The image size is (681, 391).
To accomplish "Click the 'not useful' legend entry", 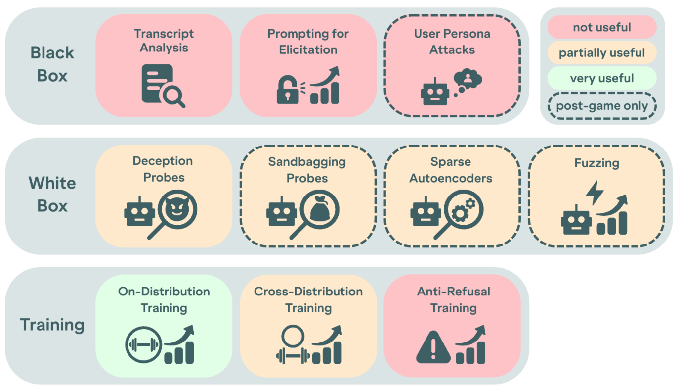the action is point(601,27).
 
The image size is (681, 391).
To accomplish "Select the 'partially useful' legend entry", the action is point(601,52).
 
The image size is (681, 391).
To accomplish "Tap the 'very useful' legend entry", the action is point(601,78).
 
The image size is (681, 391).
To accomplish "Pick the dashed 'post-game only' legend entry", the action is point(601,105).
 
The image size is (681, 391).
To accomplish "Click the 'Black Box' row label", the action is point(52,64).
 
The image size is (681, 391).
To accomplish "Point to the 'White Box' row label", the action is point(52,195).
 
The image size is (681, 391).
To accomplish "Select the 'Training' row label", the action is point(52,325).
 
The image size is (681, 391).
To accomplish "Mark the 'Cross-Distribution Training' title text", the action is point(308,299).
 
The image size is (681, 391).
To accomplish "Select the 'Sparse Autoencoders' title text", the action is point(451,170).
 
